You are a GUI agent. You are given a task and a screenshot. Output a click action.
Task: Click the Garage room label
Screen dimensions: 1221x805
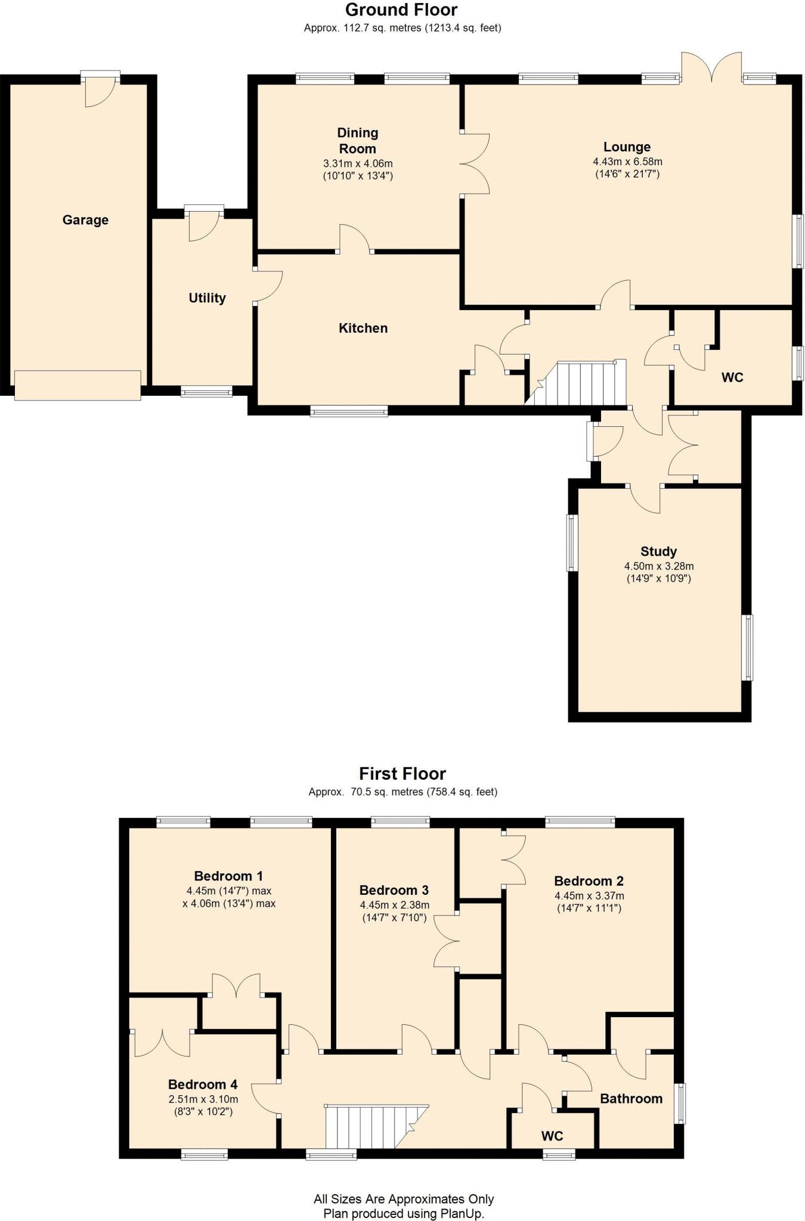[x=85, y=220]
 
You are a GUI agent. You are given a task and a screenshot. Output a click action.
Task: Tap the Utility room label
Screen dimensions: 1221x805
[x=207, y=298]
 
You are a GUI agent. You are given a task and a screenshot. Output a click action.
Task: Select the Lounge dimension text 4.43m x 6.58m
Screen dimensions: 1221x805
[x=627, y=162]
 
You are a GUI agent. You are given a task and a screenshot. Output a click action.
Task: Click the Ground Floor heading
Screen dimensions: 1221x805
[x=401, y=10]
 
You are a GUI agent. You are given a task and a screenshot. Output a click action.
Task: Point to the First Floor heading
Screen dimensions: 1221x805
[x=402, y=774]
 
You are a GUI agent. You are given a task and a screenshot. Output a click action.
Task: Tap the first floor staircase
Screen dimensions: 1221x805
[x=370, y=1127]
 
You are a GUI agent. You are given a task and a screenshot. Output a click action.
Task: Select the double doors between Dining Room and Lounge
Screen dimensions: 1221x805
[x=475, y=163]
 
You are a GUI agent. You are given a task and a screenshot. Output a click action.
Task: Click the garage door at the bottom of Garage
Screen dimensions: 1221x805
[x=78, y=385]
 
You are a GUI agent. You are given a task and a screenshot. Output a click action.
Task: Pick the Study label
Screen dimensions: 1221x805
[x=658, y=551]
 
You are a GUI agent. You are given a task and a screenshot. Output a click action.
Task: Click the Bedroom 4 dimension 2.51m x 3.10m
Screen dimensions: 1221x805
[x=203, y=1099]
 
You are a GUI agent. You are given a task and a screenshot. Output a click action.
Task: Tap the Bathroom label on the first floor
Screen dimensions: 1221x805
[x=631, y=1099]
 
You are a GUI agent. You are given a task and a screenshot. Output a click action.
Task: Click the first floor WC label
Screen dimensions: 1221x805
[x=552, y=1136]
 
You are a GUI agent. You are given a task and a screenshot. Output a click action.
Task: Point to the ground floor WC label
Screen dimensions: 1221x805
[x=732, y=377]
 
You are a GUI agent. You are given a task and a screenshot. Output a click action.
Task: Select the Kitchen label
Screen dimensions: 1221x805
[x=363, y=328]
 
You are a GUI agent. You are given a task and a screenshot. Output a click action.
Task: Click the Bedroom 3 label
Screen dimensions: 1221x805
[x=394, y=890]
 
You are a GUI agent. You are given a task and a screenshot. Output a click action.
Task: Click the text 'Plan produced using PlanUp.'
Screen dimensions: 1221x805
[x=403, y=1213]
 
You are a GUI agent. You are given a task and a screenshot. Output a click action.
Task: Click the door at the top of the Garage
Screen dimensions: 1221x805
[x=100, y=88]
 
